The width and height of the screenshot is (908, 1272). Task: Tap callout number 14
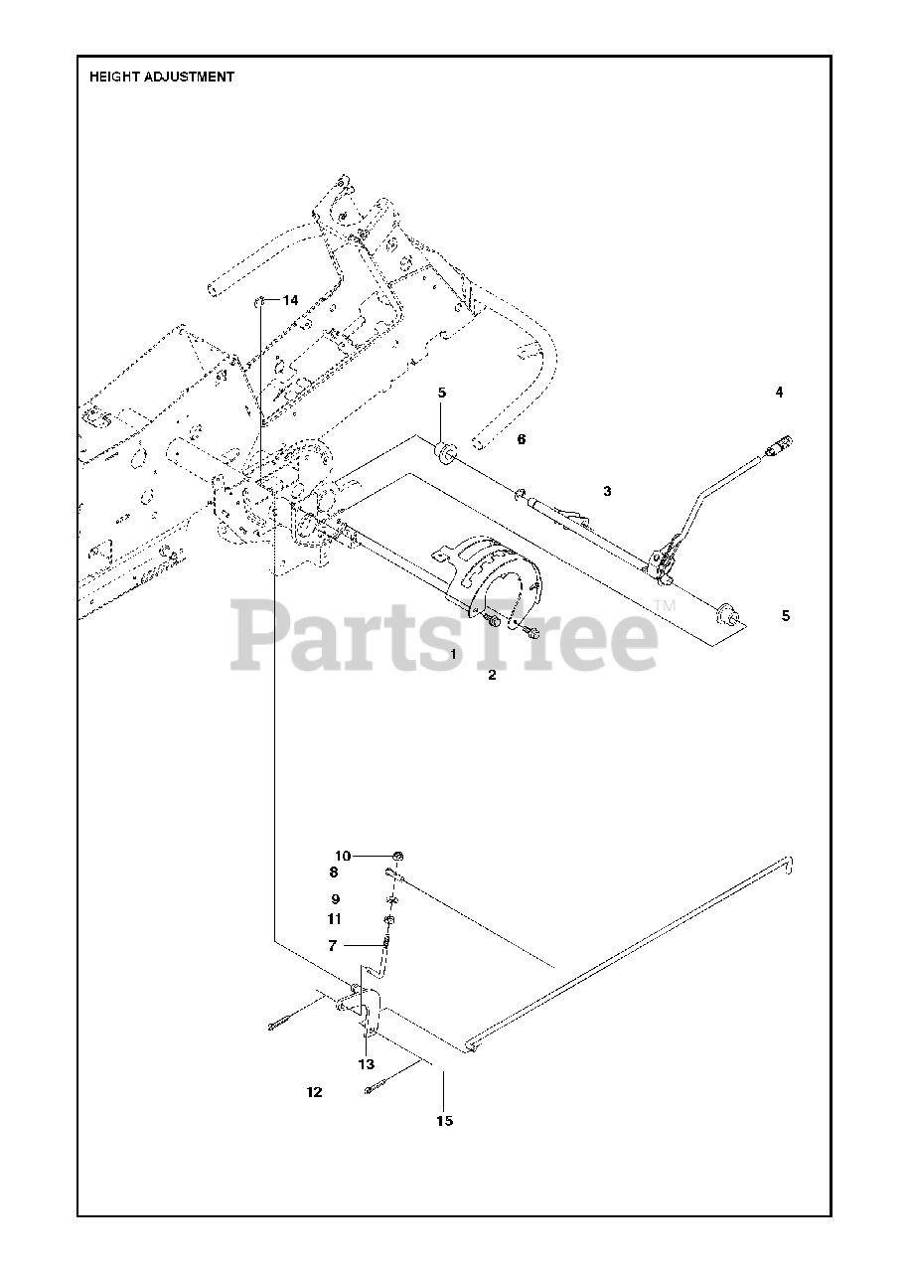pos(290,300)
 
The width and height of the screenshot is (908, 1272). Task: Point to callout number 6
pos(521,438)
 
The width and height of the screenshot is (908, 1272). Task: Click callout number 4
pos(779,393)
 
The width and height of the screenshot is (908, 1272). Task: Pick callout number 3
pos(607,491)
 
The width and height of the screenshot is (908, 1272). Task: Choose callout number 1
pos(453,655)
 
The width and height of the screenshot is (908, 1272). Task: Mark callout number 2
pos(491,676)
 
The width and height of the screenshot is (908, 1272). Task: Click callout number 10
pos(342,856)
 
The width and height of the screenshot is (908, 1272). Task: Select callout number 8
pos(334,873)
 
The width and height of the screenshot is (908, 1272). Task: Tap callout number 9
pos(336,898)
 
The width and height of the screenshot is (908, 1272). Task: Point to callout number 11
pos(334,919)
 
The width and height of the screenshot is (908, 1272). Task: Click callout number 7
pos(333,945)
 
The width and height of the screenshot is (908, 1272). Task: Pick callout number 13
pos(367,1063)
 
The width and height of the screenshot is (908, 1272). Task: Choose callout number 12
pos(314,1092)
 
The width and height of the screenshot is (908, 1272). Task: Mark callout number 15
pos(444,1121)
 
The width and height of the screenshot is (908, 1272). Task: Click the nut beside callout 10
pos(397,856)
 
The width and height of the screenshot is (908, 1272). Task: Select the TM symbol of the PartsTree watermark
pos(665,605)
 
